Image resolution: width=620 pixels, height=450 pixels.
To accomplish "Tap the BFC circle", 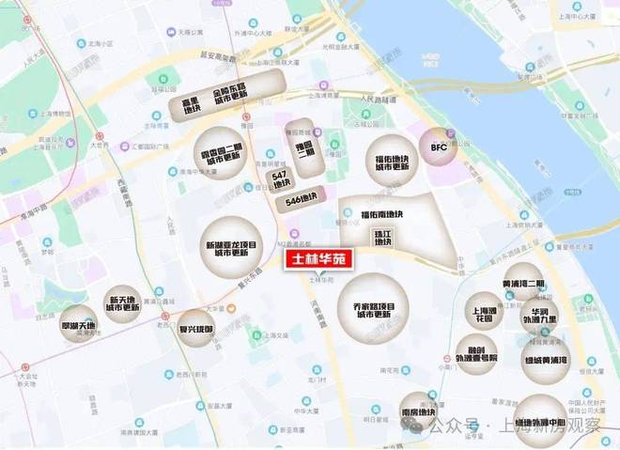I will tap(440, 147).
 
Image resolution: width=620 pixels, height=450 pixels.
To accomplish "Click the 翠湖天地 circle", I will tap(78, 325).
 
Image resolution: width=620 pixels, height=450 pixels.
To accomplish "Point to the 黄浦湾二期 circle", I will tap(522, 283).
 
